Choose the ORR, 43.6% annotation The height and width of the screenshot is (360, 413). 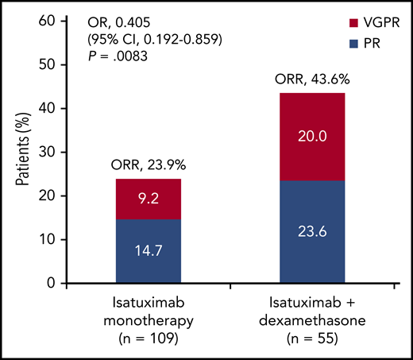pos(311,79)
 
